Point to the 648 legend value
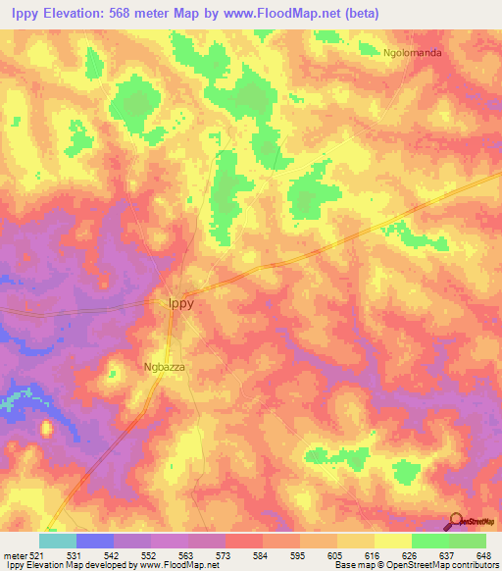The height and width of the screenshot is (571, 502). [x=481, y=554]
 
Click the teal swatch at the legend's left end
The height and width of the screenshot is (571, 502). [x=57, y=541]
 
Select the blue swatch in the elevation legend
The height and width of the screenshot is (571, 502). [x=94, y=541]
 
